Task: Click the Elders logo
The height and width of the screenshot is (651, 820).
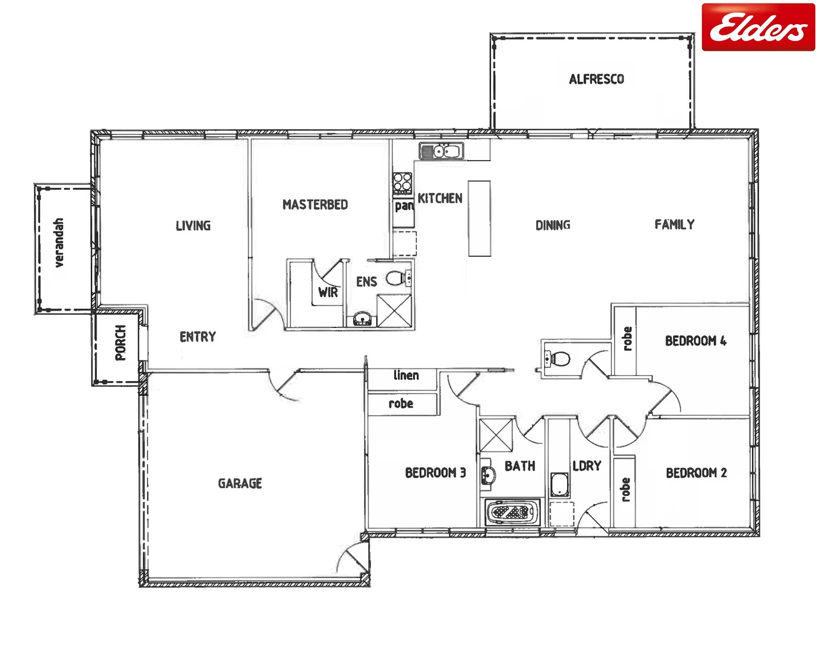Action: [758, 27]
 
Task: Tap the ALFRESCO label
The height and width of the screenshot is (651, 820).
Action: [596, 79]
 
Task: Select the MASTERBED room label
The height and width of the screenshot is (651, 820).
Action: [315, 205]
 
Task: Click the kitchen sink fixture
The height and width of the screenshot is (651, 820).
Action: [442, 151]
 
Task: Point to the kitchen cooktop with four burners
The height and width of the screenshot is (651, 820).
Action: [402, 182]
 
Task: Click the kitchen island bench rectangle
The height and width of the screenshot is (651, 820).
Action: [480, 218]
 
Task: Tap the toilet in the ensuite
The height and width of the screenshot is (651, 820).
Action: [396, 278]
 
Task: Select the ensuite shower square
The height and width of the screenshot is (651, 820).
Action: [395, 310]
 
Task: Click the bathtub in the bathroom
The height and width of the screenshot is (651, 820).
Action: [513, 513]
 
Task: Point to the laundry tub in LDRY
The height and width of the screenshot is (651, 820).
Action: [560, 485]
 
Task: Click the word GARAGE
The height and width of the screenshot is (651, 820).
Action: [240, 483]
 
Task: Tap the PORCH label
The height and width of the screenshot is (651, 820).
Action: [120, 342]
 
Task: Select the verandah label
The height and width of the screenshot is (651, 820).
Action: [58, 242]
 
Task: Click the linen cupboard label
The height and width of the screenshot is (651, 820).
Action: [406, 376]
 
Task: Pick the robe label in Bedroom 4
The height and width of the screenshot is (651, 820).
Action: [627, 339]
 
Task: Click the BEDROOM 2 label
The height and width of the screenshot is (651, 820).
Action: [696, 473]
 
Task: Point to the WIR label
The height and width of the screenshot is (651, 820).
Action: [328, 293]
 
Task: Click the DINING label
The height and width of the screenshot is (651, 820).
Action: [552, 225]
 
